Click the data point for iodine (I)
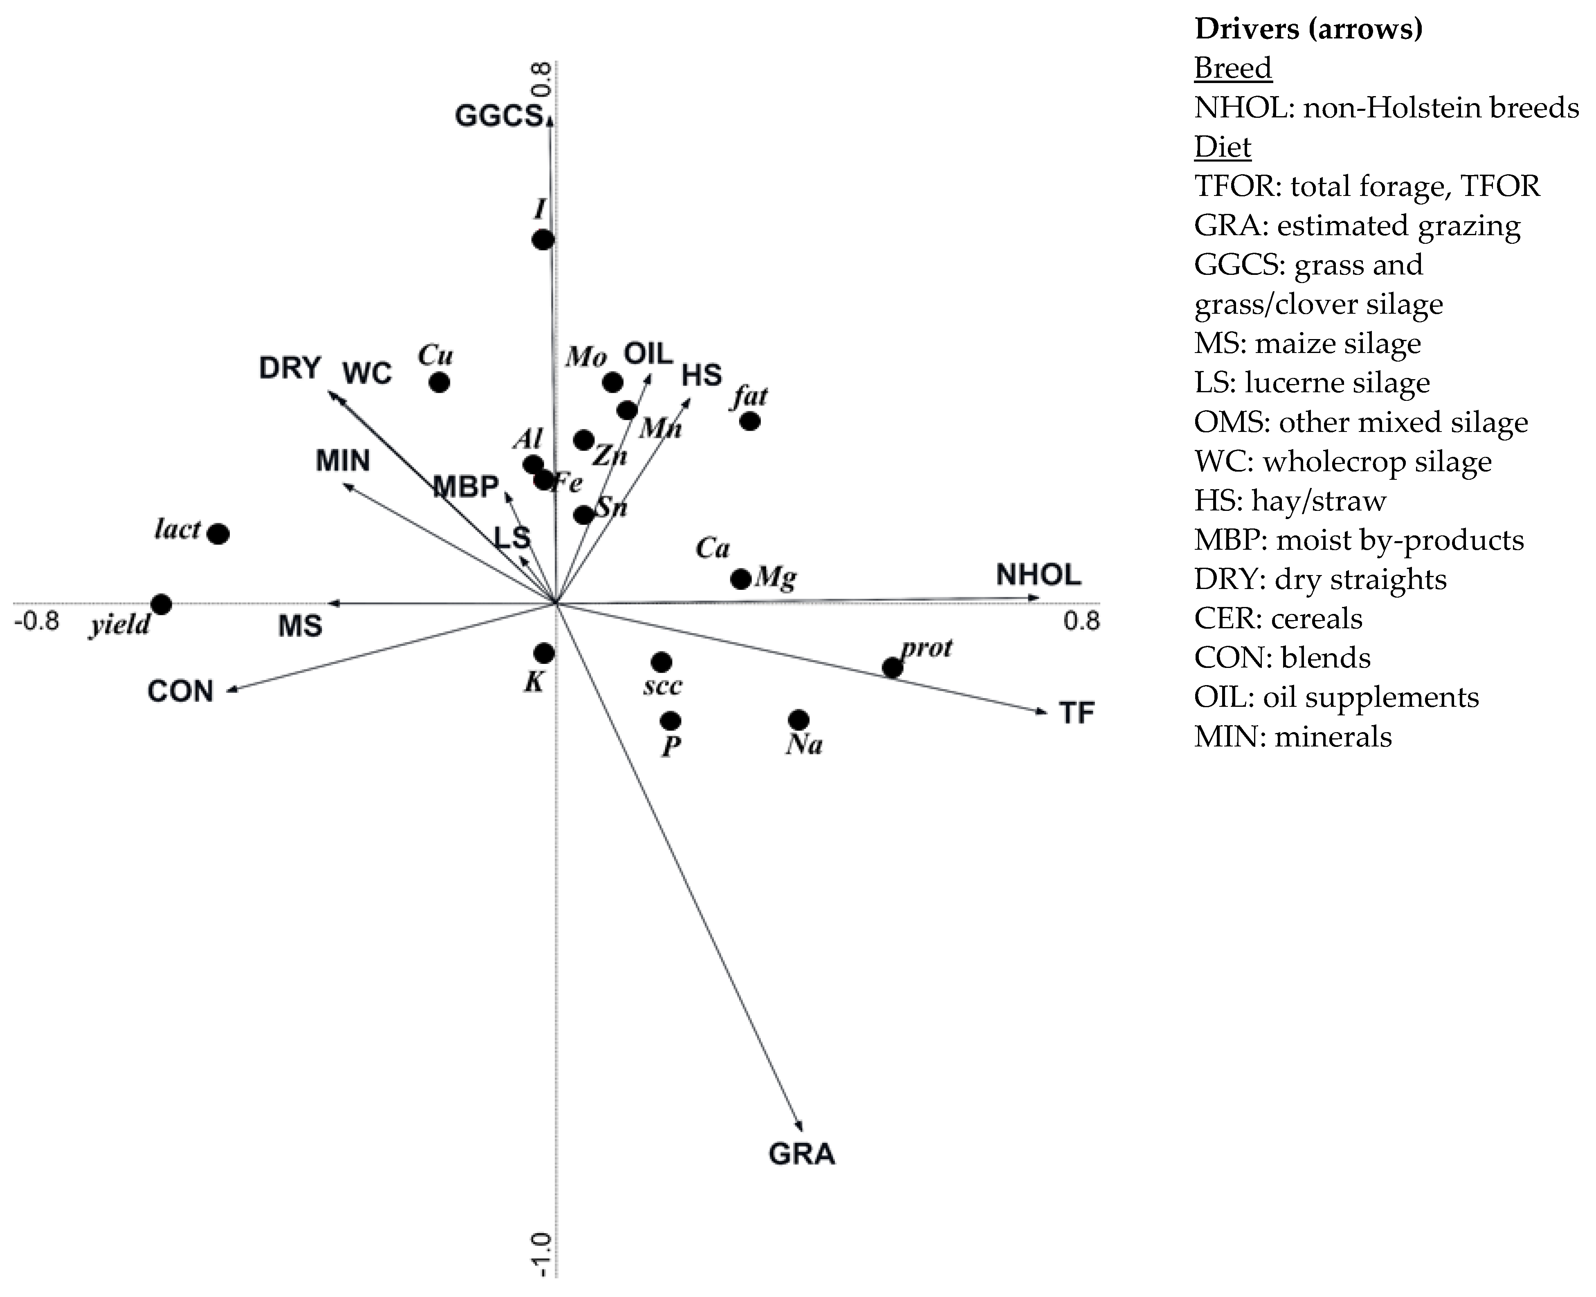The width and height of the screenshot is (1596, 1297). pos(543,240)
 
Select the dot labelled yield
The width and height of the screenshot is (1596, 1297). pos(161,604)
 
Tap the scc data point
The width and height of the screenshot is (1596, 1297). pos(661,662)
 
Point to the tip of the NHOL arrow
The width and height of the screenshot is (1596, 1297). pos(1038,597)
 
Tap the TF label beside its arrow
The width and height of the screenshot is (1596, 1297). pos(1077,713)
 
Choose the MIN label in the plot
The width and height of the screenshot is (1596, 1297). pos(343,461)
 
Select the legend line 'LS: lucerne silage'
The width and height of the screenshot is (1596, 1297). pos(1311,382)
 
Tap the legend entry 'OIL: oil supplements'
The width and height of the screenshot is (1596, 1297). pos(1336,697)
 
